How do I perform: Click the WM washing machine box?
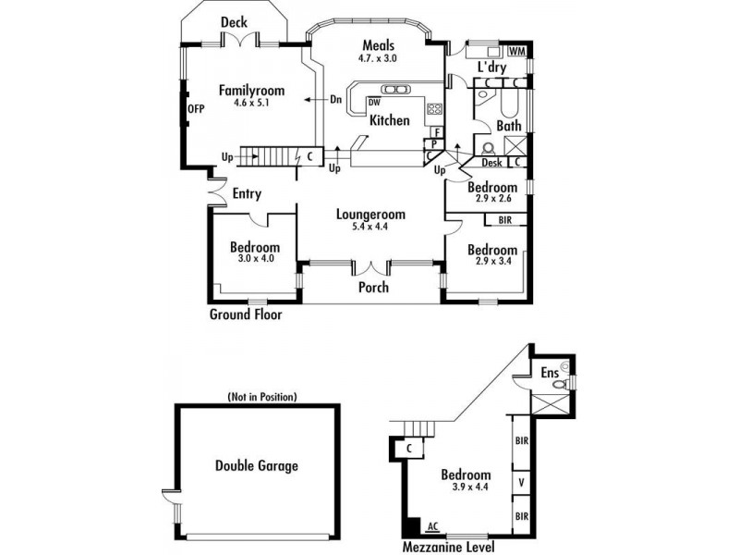pyautogui.click(x=517, y=51)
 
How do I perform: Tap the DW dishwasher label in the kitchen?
pyautogui.click(x=375, y=103)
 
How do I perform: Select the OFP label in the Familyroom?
pyautogui.click(x=196, y=109)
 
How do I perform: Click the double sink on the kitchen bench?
pyautogui.click(x=395, y=89)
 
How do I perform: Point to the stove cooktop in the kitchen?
pyautogui.click(x=434, y=109)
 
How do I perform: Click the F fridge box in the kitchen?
pyautogui.click(x=437, y=132)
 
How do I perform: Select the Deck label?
pyautogui.click(x=234, y=22)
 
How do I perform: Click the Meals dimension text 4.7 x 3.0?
pyautogui.click(x=378, y=58)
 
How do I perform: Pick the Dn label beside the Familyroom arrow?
pyautogui.click(x=335, y=100)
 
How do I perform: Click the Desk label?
pyautogui.click(x=491, y=163)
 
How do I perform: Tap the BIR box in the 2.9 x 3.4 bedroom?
pyautogui.click(x=505, y=220)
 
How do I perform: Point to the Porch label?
pyautogui.click(x=374, y=287)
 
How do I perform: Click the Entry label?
pyautogui.click(x=247, y=193)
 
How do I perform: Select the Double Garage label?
pyautogui.click(x=257, y=466)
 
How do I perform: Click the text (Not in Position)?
pyautogui.click(x=262, y=397)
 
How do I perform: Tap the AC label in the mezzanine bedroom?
pyautogui.click(x=433, y=526)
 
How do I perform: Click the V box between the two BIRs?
pyautogui.click(x=521, y=483)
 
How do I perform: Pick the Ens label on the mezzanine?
pyautogui.click(x=550, y=373)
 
